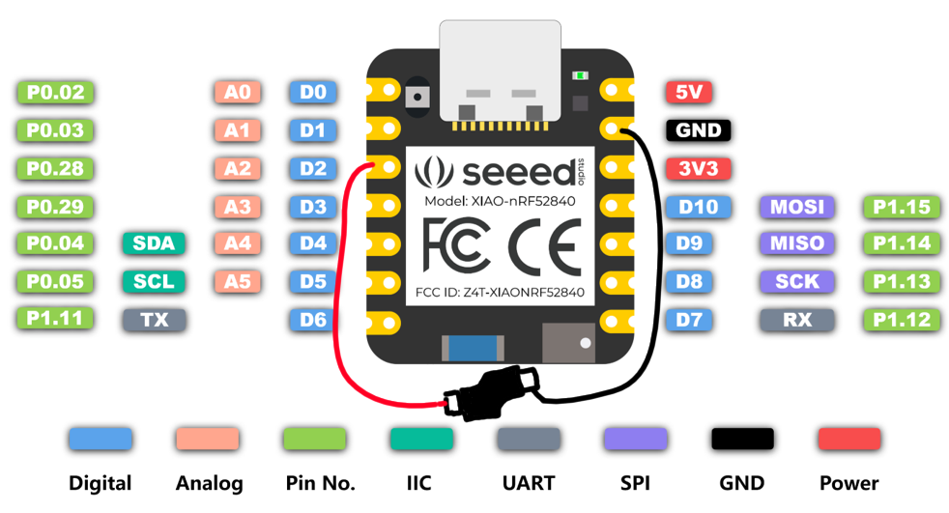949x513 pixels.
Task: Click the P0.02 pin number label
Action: pyautogui.click(x=56, y=93)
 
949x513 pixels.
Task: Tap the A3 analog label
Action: pyautogui.click(x=237, y=206)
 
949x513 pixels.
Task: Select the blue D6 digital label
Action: pyautogui.click(x=312, y=319)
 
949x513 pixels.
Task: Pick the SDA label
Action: pyautogui.click(x=154, y=243)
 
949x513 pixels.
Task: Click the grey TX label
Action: pyautogui.click(x=154, y=319)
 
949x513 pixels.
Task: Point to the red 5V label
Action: pyautogui.click(x=688, y=93)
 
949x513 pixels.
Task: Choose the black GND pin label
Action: pyautogui.click(x=699, y=130)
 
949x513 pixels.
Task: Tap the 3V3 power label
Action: pyautogui.click(x=699, y=168)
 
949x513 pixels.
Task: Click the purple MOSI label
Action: pyautogui.click(x=797, y=206)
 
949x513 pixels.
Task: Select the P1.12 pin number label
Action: pyautogui.click(x=901, y=319)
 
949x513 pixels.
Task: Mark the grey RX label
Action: pyautogui.click(x=797, y=319)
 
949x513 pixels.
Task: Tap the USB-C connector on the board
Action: pyautogui.click(x=499, y=72)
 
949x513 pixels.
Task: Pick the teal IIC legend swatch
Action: pyautogui.click(x=421, y=439)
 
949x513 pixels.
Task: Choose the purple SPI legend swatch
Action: pyautogui.click(x=635, y=439)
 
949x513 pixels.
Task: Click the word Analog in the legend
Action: pyautogui.click(x=209, y=483)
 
